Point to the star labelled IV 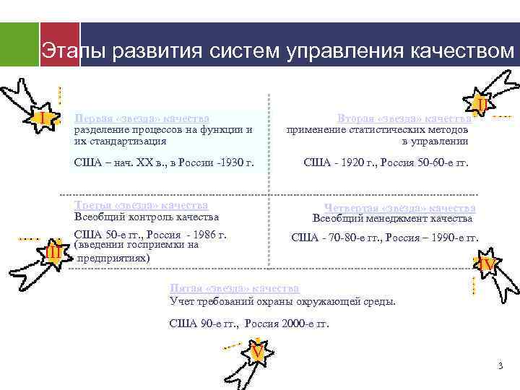tap(487, 265)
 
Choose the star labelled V tap(256, 352)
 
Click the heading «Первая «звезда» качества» tap(142, 118)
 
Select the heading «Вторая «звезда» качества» tap(404, 118)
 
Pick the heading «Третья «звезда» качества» tap(142, 206)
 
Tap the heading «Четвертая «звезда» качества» tap(399, 208)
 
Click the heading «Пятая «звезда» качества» tap(234, 288)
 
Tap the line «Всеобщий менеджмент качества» tap(392, 218)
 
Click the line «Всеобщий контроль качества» tap(147, 217)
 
